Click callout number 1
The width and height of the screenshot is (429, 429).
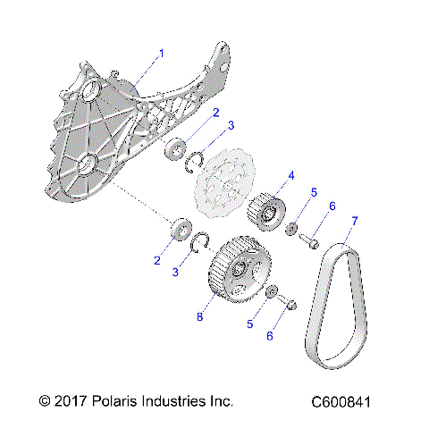162,54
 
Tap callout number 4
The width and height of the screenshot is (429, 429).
290,175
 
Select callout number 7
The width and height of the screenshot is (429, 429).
355,220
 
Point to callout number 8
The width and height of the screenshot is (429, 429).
200,316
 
